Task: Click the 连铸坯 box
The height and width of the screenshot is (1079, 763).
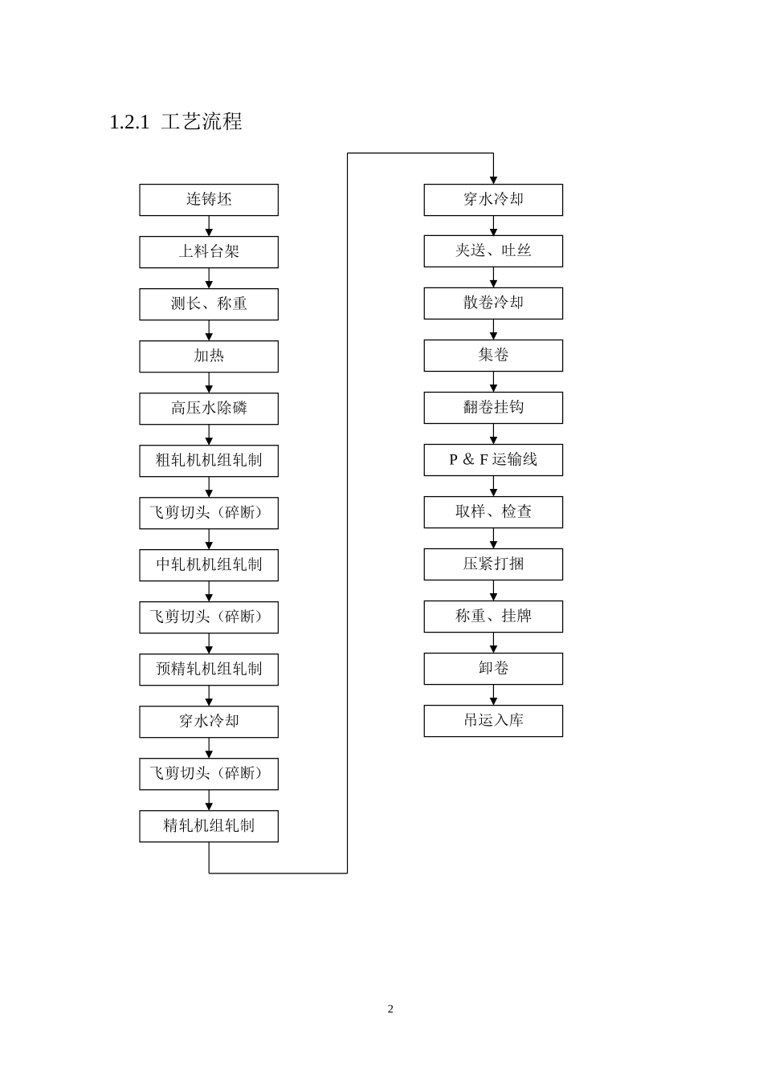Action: [209, 200]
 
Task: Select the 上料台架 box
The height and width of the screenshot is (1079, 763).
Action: [209, 252]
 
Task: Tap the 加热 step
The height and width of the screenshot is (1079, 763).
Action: [209, 356]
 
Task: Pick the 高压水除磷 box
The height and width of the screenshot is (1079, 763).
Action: [209, 409]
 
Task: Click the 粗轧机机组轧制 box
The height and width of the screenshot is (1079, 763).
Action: [209, 461]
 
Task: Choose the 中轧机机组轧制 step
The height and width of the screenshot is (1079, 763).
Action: [209, 565]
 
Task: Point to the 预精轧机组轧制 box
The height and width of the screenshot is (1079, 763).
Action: [209, 670]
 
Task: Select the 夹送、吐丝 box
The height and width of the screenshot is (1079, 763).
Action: [493, 251]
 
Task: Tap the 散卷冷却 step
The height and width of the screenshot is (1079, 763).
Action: [493, 303]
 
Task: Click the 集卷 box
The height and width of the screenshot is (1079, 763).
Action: [493, 356]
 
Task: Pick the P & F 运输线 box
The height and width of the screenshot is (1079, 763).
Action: [493, 460]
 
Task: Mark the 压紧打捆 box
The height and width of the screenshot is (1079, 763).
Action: [493, 564]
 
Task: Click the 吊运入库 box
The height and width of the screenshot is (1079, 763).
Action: [493, 721]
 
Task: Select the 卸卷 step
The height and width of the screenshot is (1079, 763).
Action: [493, 669]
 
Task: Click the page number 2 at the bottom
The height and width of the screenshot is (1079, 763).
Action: [390, 1009]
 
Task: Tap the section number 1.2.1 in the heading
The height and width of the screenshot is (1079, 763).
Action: [129, 122]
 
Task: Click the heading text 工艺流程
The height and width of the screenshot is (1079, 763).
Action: [202, 121]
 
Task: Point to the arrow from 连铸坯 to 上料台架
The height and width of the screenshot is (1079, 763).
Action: [209, 226]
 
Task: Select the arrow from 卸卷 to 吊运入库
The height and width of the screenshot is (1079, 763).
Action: [493, 694]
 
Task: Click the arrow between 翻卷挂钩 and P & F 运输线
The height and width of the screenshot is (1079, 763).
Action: [493, 434]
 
